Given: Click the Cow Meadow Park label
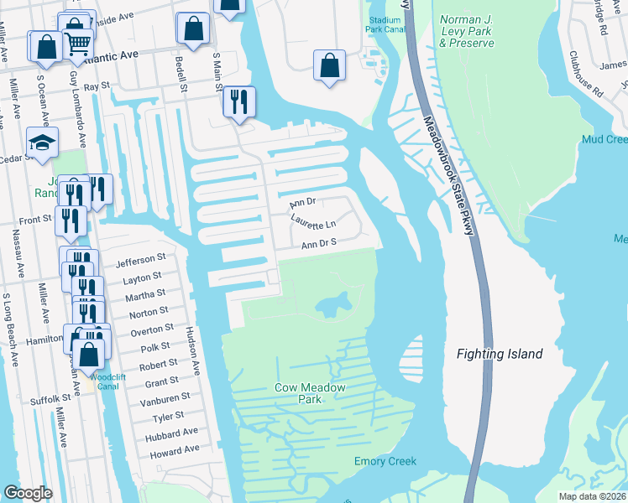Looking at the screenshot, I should tap(298, 393).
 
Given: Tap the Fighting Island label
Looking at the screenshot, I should tap(500, 354).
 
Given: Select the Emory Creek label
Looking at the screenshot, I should tap(385, 461).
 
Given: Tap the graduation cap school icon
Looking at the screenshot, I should tap(41, 143).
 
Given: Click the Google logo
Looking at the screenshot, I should tap(28, 492).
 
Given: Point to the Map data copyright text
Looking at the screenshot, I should tap(593, 495).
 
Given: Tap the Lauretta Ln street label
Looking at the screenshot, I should tap(312, 223).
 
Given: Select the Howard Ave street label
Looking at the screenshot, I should tap(174, 450).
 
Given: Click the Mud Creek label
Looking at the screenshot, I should tap(604, 138).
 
